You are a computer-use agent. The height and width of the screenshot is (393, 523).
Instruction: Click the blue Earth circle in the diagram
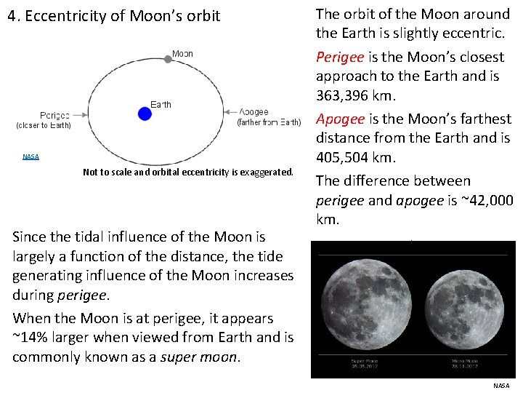tap(145, 113)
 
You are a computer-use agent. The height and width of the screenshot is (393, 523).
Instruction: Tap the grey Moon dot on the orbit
tap(168, 59)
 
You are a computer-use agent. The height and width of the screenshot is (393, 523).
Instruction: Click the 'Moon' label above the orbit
tap(182, 53)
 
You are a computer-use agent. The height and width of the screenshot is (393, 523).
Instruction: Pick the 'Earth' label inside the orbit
tap(161, 104)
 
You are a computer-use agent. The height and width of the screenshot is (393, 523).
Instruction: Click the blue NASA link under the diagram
tap(31, 156)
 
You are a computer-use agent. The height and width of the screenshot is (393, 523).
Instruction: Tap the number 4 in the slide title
tap(12, 15)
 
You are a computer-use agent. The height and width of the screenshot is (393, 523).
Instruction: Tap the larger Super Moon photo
tap(365, 298)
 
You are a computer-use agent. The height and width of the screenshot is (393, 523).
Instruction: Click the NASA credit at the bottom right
tap(501, 386)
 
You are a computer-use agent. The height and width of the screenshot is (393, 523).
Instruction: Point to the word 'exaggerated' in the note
tap(266, 172)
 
